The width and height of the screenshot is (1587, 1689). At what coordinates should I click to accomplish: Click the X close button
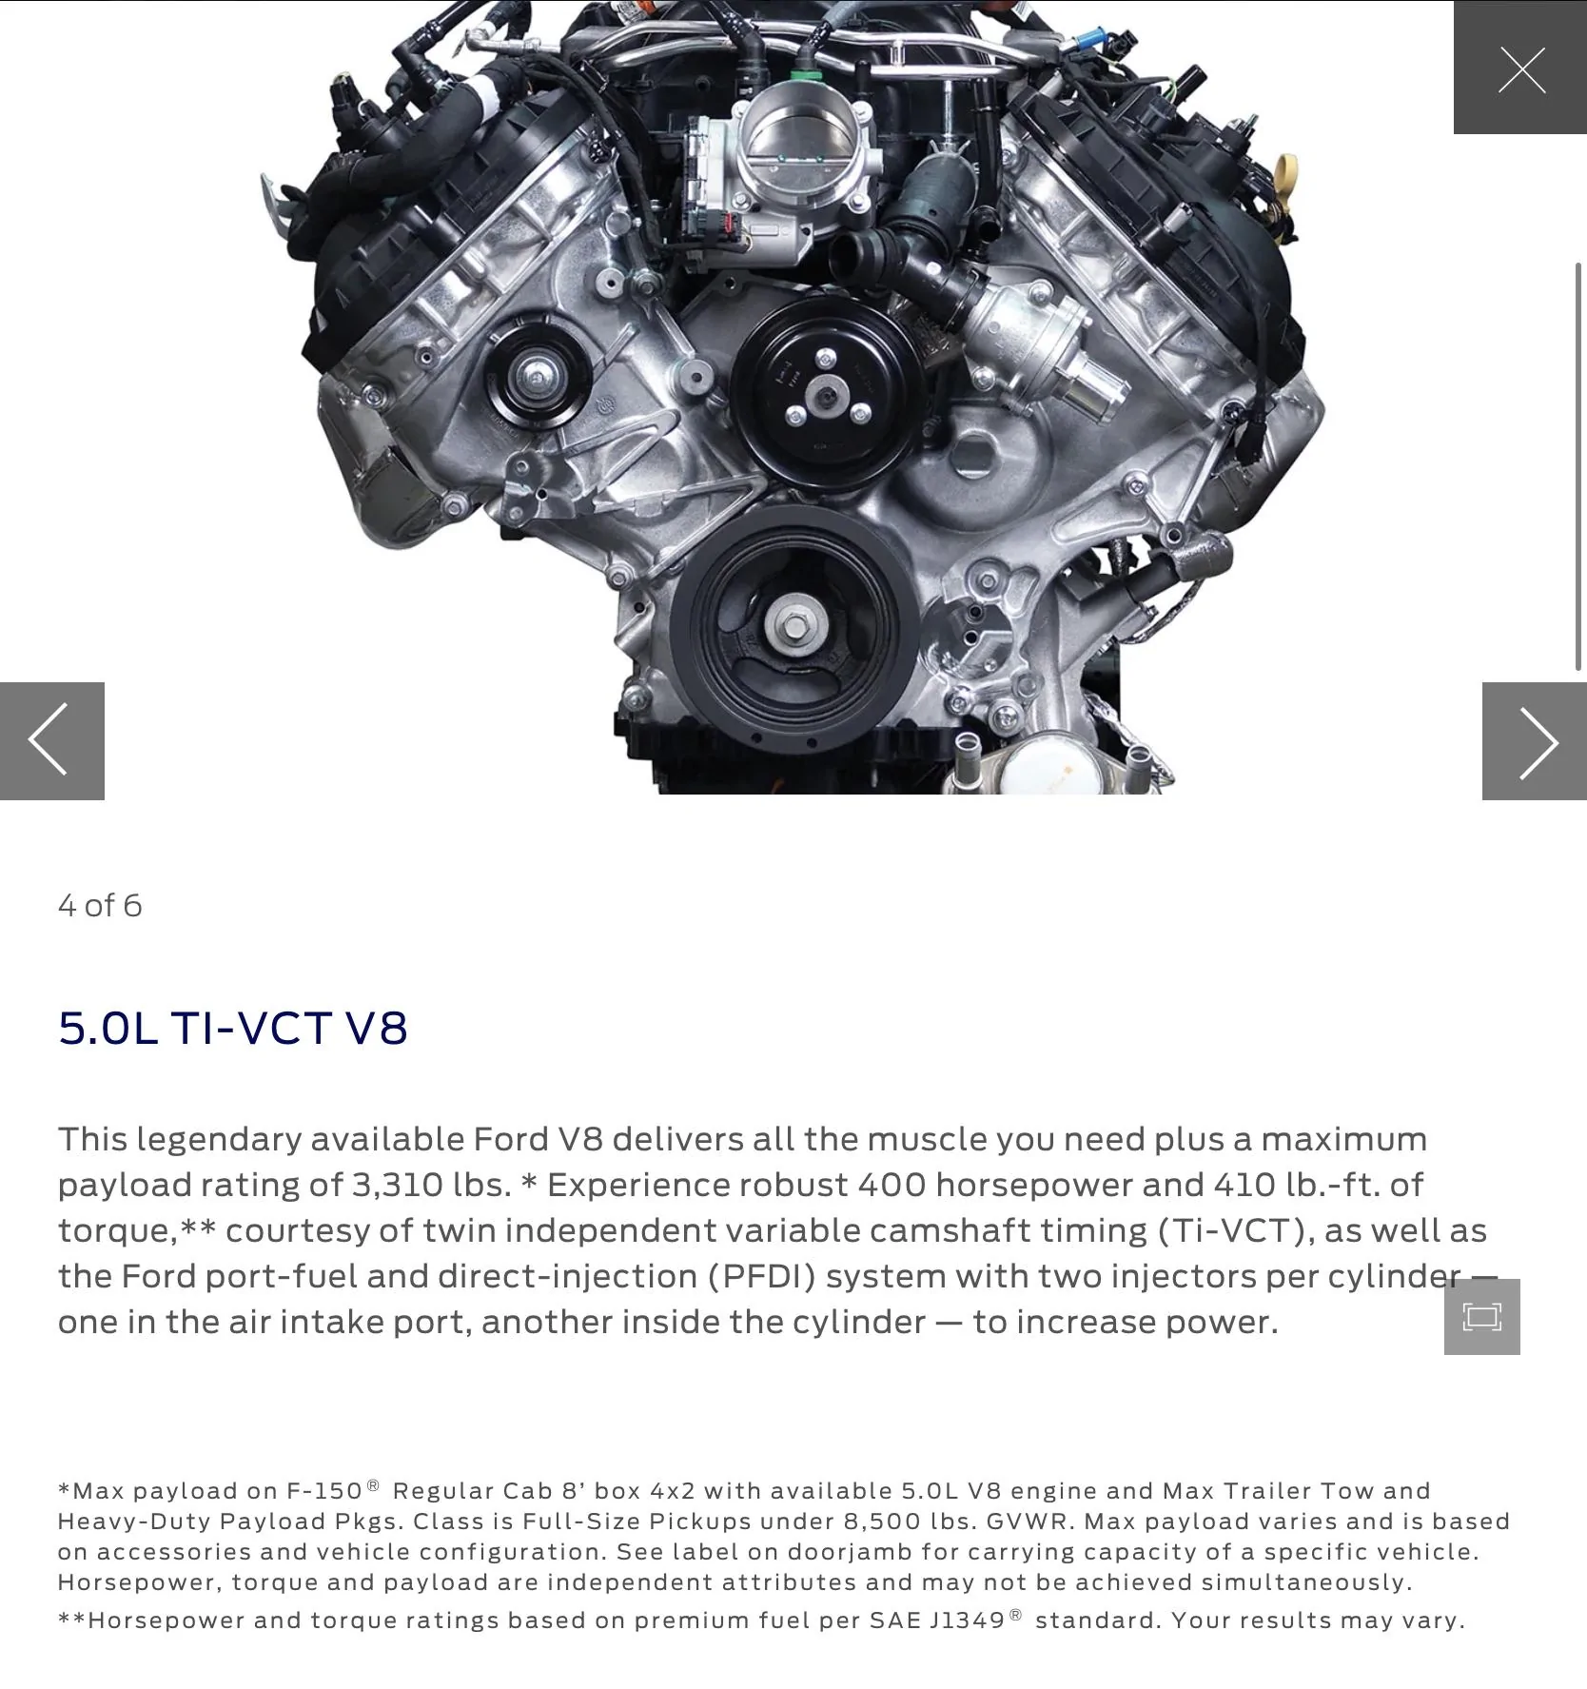1520,69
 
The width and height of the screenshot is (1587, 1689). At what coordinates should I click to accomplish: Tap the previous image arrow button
51,740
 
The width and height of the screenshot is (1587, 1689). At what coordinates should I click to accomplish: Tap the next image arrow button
1534,740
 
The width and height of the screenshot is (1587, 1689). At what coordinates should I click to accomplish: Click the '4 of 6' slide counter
100,905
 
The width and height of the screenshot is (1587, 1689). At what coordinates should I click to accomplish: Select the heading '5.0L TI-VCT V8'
233,1028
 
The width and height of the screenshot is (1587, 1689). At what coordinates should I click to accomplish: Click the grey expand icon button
1481,1316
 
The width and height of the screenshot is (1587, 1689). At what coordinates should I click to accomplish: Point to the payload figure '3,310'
397,1185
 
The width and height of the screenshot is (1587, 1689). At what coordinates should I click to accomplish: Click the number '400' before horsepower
891,1185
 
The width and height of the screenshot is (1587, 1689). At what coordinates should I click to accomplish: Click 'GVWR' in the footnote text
1029,1522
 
